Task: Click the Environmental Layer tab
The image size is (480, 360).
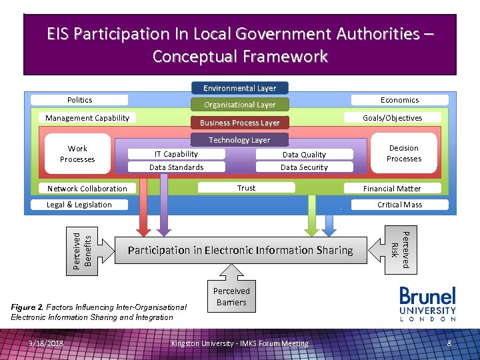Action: (x=239, y=88)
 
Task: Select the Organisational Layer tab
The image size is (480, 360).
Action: (x=239, y=105)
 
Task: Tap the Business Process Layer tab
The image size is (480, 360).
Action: (x=239, y=123)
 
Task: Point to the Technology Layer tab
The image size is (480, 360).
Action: (x=239, y=140)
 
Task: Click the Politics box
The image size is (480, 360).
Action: (x=79, y=100)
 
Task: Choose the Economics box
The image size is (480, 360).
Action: (x=399, y=100)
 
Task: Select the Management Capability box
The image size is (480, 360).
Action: (x=87, y=118)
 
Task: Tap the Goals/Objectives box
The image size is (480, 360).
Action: (x=392, y=118)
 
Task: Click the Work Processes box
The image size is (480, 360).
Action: (x=77, y=154)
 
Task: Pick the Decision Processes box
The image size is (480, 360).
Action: (x=404, y=153)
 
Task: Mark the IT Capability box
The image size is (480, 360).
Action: (x=176, y=154)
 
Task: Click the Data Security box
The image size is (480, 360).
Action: (x=304, y=167)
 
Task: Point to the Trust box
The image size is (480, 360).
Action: (x=247, y=188)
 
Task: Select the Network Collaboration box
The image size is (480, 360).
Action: (x=87, y=189)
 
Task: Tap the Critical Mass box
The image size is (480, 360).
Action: (x=399, y=205)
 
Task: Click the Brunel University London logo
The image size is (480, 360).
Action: (x=427, y=304)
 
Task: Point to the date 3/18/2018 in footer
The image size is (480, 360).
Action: (x=46, y=343)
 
